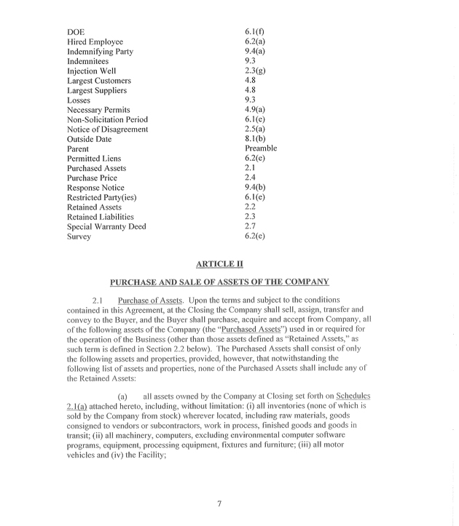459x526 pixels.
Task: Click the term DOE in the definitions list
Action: pyautogui.click(x=76, y=32)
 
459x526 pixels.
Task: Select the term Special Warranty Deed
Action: pyautogui.click(x=106, y=226)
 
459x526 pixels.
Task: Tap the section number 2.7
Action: pyautogui.click(x=251, y=226)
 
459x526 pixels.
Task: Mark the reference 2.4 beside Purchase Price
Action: pyautogui.click(x=251, y=178)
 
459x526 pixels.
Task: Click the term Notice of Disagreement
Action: pyautogui.click(x=107, y=129)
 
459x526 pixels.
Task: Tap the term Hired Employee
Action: pyautogui.click(x=95, y=42)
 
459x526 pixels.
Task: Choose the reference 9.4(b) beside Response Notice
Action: pyautogui.click(x=255, y=188)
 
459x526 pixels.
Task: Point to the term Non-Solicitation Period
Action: pyautogui.click(x=107, y=119)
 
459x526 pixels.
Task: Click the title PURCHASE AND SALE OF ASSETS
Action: pyautogui.click(x=219, y=281)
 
